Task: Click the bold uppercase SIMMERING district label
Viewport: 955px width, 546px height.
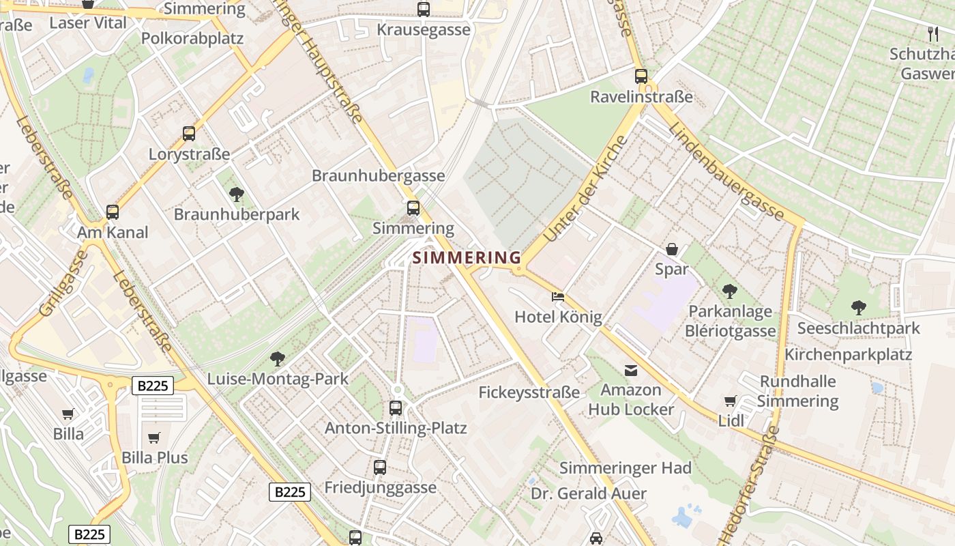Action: point(467,258)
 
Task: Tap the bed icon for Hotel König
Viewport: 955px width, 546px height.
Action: point(558,297)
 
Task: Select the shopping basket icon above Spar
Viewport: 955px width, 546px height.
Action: point(672,249)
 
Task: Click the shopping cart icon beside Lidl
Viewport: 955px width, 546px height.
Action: point(731,401)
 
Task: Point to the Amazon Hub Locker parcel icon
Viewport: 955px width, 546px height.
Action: point(631,371)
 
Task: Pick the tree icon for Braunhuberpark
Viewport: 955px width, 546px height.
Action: point(237,195)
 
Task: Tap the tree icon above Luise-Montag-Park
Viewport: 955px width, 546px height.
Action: point(277,358)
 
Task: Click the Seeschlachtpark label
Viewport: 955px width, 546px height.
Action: point(858,329)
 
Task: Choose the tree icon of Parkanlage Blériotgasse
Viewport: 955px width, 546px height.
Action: point(730,291)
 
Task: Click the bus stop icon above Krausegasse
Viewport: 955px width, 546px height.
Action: point(424,10)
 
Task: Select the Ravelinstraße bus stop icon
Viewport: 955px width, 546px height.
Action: point(641,76)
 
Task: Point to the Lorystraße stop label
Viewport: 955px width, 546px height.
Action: point(189,154)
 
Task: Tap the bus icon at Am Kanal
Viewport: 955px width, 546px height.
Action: point(113,212)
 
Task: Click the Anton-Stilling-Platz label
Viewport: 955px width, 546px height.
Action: point(396,429)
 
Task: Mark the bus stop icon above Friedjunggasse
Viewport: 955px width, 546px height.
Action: point(380,468)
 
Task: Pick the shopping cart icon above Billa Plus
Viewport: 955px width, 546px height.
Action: point(154,437)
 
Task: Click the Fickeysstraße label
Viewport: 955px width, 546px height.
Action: point(529,392)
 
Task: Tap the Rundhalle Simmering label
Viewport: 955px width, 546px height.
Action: point(797,391)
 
